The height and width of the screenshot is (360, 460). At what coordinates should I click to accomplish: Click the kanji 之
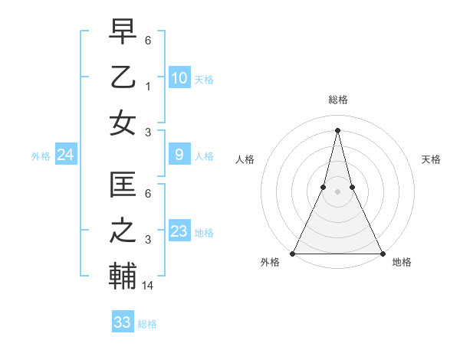pos(123,231)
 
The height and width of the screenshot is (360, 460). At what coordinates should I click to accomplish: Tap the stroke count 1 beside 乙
pos(149,87)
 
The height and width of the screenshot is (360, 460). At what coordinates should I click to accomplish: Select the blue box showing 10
pos(179,77)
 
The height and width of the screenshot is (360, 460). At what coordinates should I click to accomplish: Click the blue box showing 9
pos(179,155)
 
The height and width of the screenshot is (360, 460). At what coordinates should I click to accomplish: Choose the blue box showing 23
pos(179,231)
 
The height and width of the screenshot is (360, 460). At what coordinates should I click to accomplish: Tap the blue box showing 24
pos(65,155)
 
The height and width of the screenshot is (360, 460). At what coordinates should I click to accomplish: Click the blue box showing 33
pos(122,322)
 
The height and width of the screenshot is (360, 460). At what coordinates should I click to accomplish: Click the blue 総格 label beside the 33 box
pos(147,324)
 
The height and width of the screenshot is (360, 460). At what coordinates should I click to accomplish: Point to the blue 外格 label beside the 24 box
pos(40,156)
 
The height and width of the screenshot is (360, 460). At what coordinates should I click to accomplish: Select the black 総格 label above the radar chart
pos(337,100)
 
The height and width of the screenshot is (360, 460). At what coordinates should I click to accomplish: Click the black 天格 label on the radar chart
pos(431,159)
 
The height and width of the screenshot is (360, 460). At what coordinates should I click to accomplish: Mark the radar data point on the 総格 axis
pos(337,129)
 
